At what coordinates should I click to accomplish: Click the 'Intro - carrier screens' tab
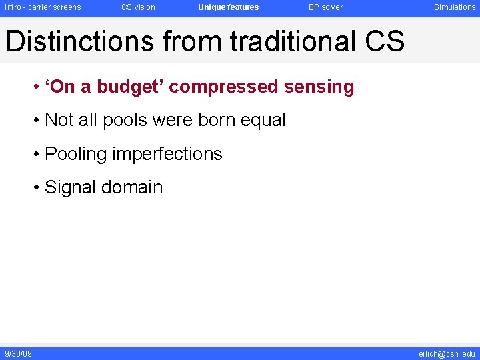point(43,7)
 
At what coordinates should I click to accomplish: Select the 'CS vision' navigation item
point(138,7)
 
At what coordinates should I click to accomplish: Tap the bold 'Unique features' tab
point(228,7)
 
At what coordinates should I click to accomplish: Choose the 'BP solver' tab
point(325,7)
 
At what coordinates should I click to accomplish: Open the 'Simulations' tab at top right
point(455,7)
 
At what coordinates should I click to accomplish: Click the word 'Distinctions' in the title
point(79,41)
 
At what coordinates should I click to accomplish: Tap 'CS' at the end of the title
point(385,41)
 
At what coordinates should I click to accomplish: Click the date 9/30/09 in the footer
point(18,353)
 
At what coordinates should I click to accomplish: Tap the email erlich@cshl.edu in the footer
point(447,353)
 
